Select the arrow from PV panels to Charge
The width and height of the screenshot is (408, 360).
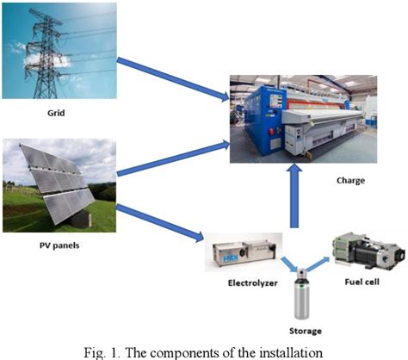(x=172, y=159)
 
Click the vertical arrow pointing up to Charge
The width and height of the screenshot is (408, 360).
(x=294, y=198)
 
